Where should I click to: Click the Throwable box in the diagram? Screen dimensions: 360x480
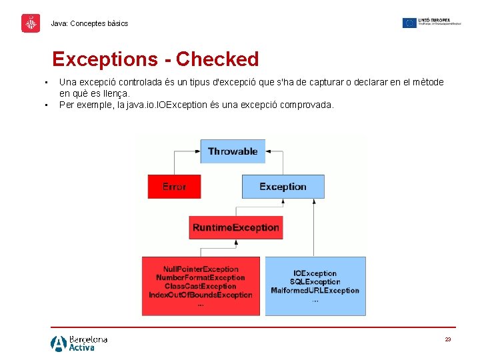coord(233,151)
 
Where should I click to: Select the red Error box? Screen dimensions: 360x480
coord(174,187)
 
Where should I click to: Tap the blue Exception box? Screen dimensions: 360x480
coord(282,187)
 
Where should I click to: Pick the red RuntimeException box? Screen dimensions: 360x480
coord(235,227)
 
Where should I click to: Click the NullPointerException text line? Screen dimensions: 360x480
coord(201,269)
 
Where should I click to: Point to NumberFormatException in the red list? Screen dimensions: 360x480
coord(201,277)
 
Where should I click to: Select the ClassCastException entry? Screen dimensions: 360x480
coord(201,286)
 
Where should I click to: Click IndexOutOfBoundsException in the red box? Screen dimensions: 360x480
coord(201,295)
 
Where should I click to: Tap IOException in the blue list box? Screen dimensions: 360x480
coord(315,273)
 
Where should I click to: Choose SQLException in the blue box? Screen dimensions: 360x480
coord(315,282)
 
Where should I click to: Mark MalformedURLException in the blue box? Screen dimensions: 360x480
coord(315,291)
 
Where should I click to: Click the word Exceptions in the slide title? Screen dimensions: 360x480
coord(105,59)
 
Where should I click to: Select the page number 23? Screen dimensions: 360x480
coord(448,340)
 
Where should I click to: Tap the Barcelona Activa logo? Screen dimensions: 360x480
coord(79,343)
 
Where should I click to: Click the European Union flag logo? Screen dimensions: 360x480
coord(409,23)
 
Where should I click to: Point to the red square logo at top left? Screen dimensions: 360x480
coord(31,23)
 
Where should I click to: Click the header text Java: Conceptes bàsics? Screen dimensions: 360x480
coord(89,23)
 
